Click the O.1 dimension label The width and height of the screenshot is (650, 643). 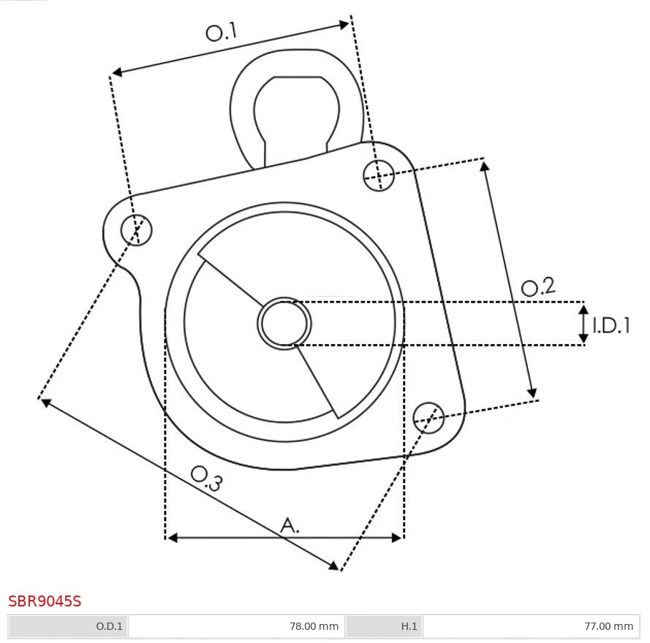[222, 32]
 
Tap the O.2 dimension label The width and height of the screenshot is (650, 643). [537, 287]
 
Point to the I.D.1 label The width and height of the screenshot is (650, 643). [611, 326]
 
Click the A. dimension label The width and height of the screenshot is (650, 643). [290, 525]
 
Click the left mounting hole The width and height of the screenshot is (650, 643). [137, 229]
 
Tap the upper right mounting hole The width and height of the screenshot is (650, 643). [379, 175]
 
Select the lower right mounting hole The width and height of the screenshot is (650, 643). [428, 416]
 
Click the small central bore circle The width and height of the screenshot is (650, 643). [284, 323]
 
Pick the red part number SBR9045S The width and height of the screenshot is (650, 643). [45, 601]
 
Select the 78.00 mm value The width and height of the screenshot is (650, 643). [314, 626]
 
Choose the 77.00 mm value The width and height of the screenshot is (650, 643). [608, 626]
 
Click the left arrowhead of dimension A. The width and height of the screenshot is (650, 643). [172, 538]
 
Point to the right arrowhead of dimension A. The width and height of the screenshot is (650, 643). [397, 538]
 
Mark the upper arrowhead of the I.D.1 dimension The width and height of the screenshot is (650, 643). [583, 309]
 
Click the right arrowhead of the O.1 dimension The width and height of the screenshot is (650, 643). [344, 25]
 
